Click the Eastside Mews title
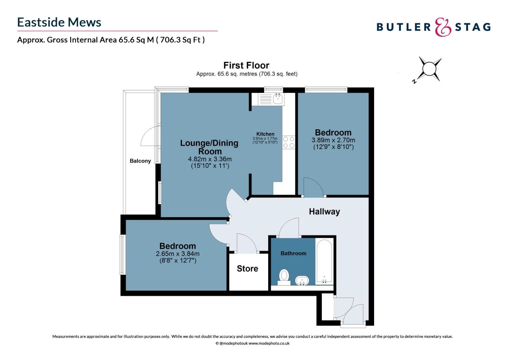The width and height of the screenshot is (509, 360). [59, 22]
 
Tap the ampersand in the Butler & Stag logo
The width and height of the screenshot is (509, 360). [443, 27]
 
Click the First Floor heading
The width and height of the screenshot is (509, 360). [246, 65]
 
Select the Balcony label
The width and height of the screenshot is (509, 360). [140, 161]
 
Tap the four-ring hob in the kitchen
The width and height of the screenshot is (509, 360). [288, 142]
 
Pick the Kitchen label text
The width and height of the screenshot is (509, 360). [265, 134]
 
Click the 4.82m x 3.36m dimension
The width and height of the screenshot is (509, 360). [210, 159]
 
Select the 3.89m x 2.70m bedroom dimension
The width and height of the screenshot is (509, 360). [333, 140]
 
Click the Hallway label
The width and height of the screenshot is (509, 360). [324, 212]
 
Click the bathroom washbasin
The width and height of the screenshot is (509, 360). [302, 281]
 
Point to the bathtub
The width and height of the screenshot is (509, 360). [324, 262]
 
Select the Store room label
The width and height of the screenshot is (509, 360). [248, 269]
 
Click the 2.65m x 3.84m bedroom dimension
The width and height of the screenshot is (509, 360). [178, 254]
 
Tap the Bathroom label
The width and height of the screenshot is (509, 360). [293, 253]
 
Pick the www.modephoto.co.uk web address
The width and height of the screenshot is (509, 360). [269, 343]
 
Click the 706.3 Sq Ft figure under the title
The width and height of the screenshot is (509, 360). [181, 40]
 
